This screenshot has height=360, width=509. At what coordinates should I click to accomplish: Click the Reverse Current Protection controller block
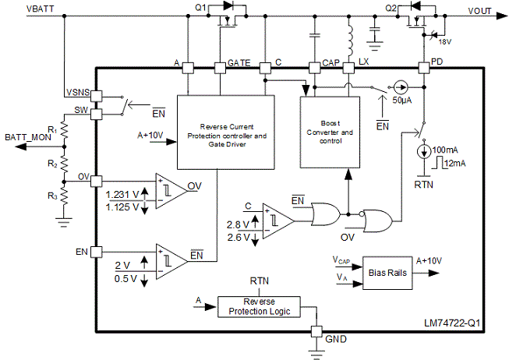click(x=226, y=132)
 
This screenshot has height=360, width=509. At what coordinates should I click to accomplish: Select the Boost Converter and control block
click(x=330, y=132)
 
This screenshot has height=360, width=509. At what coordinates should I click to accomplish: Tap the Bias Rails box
click(x=387, y=273)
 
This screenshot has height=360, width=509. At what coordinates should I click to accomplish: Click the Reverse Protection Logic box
click(x=259, y=307)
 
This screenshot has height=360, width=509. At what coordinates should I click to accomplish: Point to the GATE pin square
click(x=220, y=68)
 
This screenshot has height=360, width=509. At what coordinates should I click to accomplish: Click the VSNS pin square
click(x=96, y=97)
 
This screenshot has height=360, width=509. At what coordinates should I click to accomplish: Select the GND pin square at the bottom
click(x=316, y=331)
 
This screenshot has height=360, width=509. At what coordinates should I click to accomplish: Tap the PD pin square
click(x=423, y=68)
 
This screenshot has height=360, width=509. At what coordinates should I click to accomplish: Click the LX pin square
click(x=348, y=68)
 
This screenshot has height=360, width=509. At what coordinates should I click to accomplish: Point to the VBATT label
click(x=40, y=9)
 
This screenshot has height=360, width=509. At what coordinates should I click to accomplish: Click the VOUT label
click(x=479, y=11)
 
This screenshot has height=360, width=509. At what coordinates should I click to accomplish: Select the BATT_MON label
click(x=28, y=137)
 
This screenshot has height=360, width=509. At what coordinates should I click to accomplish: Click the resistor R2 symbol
click(x=64, y=164)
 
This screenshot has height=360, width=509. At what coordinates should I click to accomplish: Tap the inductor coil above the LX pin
click(x=350, y=41)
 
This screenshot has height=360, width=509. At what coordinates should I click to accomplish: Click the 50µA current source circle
click(x=400, y=87)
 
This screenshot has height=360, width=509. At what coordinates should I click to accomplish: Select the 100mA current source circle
click(x=423, y=152)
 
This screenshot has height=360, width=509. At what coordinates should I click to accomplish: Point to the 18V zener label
click(x=445, y=42)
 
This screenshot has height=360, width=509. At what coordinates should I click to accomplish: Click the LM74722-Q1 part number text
click(x=452, y=323)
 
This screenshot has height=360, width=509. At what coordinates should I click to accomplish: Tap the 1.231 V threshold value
click(x=122, y=195)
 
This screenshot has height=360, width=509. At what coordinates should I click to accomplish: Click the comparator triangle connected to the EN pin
click(x=171, y=261)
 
